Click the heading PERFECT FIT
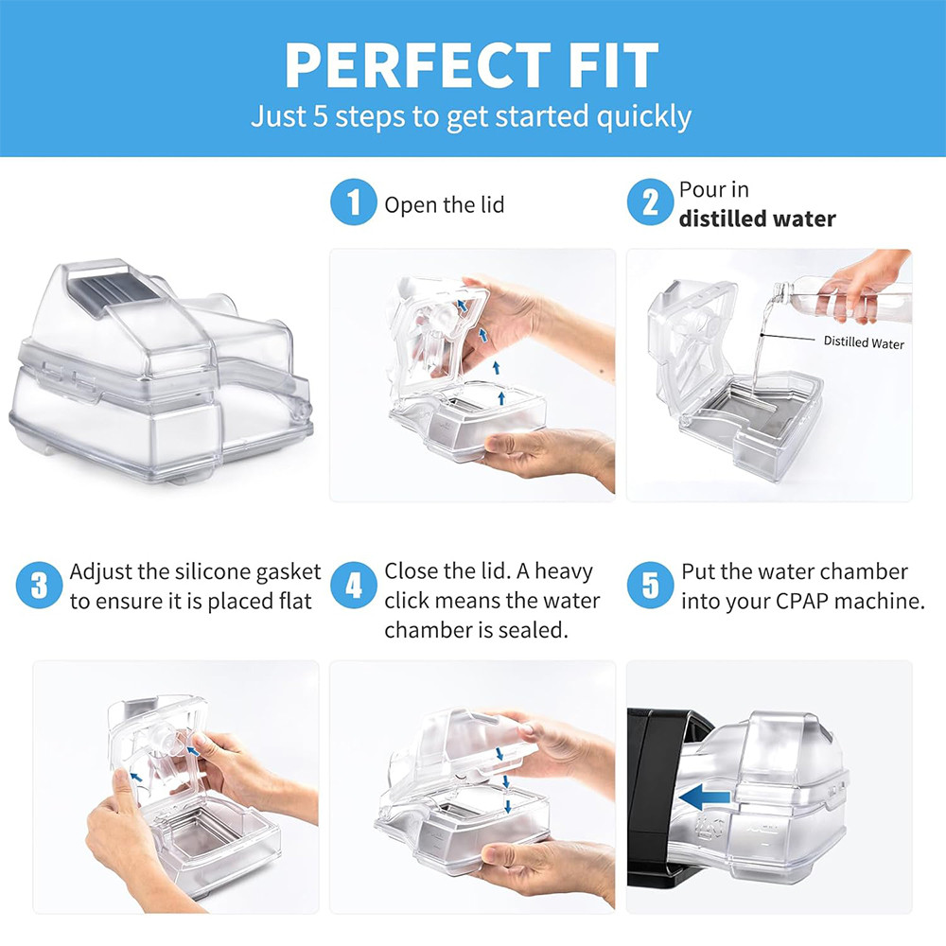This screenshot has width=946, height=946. pyautogui.click(x=471, y=65)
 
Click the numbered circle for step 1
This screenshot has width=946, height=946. pyautogui.click(x=354, y=202)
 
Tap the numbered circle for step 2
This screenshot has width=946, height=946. pyautogui.click(x=650, y=202)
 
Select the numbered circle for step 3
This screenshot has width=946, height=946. pyautogui.click(x=39, y=586)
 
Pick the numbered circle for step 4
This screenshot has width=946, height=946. pyautogui.click(x=354, y=586)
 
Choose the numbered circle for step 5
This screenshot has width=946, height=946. pyautogui.click(x=650, y=586)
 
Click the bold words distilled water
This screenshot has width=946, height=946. pyautogui.click(x=757, y=219)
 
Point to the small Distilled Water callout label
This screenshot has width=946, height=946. pyautogui.click(x=864, y=342)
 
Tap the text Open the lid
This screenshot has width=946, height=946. pyautogui.click(x=444, y=205)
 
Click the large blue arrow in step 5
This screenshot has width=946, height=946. pyautogui.click(x=705, y=797)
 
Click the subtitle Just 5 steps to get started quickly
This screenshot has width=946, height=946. pyautogui.click(x=471, y=116)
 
